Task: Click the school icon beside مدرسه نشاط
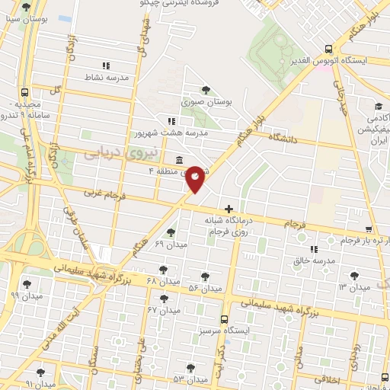click(x=106, y=66)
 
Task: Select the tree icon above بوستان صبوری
click(x=206, y=90)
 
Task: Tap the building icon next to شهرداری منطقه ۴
click(x=178, y=160)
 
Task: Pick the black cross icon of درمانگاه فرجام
click(x=229, y=209)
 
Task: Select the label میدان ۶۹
click(x=170, y=244)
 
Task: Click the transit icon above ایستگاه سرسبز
click(x=224, y=320)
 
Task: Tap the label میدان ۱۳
click(x=353, y=286)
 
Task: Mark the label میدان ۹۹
click(x=26, y=295)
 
